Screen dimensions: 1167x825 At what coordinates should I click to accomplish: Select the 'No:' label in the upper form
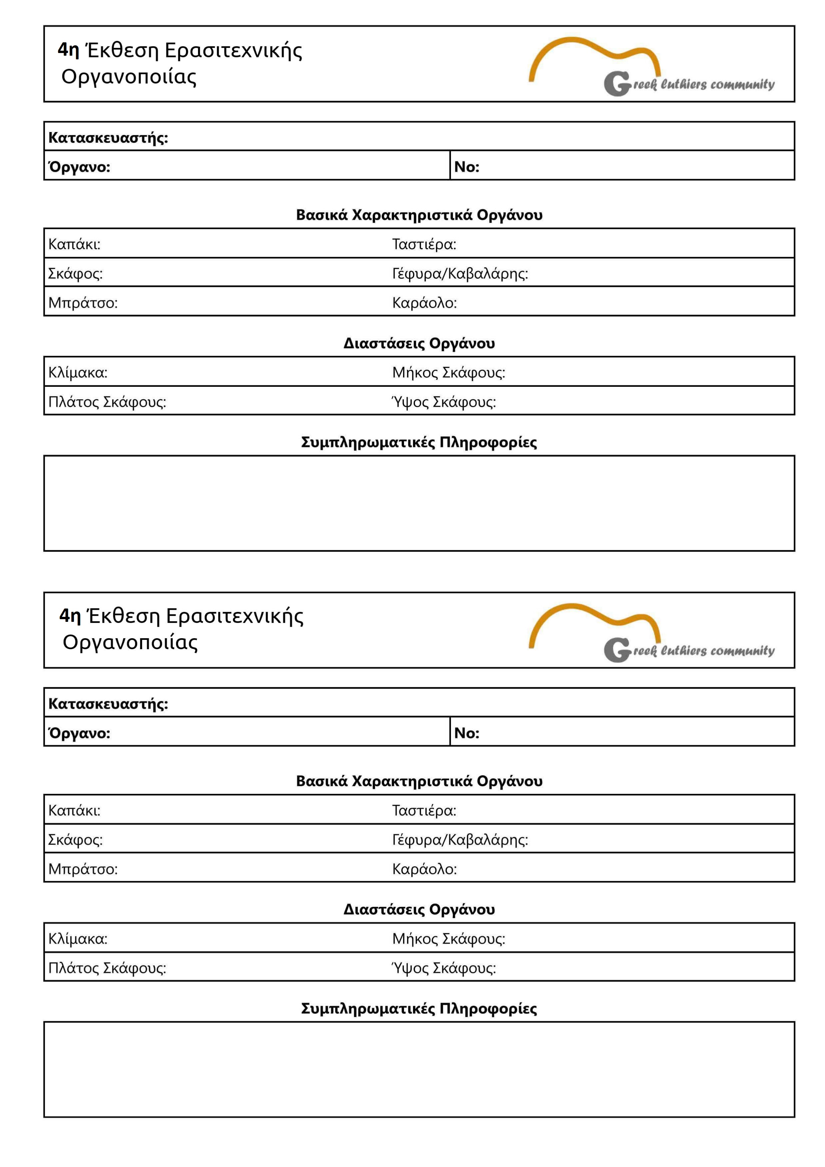[x=466, y=167]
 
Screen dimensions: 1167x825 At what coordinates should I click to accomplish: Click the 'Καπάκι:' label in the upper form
[x=74, y=244]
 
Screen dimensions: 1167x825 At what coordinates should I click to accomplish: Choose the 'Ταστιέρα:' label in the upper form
[x=424, y=244]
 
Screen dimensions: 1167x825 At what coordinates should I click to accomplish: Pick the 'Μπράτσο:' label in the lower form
[x=83, y=869]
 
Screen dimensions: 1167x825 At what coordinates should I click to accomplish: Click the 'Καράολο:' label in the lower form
[x=424, y=869]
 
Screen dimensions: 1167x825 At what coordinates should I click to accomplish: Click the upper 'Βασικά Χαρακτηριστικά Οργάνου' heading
[x=419, y=215]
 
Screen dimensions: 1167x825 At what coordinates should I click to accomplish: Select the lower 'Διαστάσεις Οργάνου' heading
[x=419, y=909]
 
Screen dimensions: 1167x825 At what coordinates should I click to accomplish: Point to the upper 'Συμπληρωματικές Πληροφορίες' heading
[x=419, y=442]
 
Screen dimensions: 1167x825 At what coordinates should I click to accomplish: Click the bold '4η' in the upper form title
[x=69, y=50]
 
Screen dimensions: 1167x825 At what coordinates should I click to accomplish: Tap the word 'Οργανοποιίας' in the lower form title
[x=130, y=643]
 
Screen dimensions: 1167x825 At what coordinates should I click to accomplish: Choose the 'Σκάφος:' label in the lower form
[x=75, y=840]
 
